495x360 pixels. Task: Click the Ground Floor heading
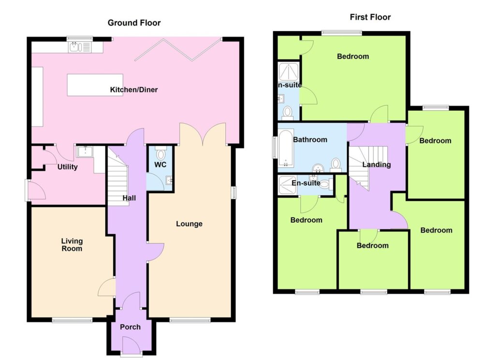[134, 23]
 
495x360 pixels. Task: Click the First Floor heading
[370, 17]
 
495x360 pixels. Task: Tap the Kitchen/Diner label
[134, 89]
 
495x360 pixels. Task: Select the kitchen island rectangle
[95, 85]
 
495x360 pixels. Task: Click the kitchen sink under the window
[80, 47]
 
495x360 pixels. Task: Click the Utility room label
[67, 167]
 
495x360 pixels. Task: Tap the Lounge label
[189, 224]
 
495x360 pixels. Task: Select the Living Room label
[72, 245]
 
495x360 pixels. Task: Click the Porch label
[130, 327]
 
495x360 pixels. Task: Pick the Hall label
[129, 198]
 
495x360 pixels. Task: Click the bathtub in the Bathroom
[286, 148]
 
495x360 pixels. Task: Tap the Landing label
[376, 164]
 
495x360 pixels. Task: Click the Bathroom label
[310, 140]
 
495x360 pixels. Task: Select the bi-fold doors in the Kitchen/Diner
[177, 49]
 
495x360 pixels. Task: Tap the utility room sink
[85, 151]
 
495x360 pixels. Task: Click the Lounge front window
[189, 320]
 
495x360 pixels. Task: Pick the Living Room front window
[73, 320]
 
